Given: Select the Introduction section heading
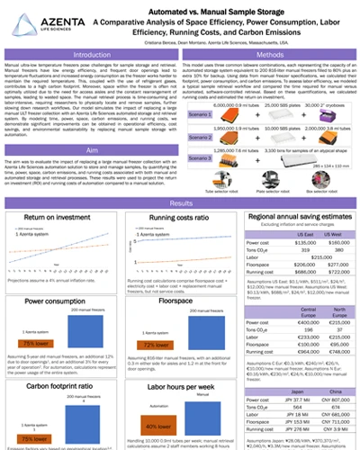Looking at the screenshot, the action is tap(100, 55).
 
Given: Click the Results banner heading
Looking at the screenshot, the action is tap(180, 204).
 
